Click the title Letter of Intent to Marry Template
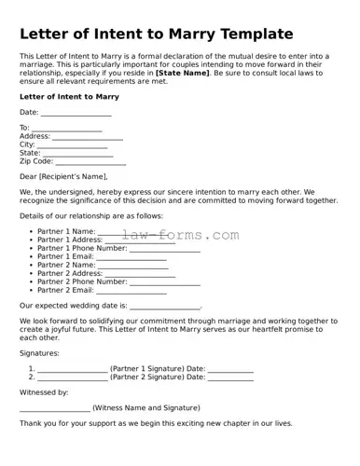tap(157, 34)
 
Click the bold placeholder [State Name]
tap(183, 72)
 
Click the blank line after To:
tap(67, 129)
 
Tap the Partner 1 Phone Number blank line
tap(164, 249)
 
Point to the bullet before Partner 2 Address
tap(32, 274)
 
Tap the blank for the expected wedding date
tap(164, 307)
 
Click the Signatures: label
tap(39, 353)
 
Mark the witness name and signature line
tap(55, 408)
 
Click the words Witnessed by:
tap(44, 393)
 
